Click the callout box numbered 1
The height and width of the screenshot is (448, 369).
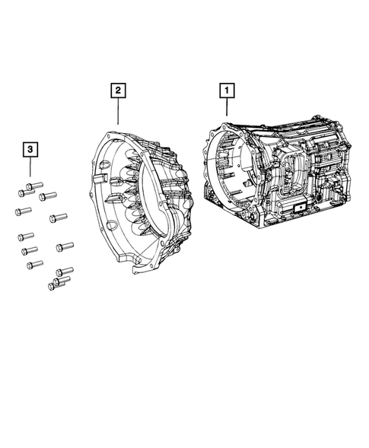pyautogui.click(x=227, y=91)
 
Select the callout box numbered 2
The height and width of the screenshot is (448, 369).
pyautogui.click(x=118, y=91)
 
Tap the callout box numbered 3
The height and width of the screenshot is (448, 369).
pyautogui.click(x=30, y=149)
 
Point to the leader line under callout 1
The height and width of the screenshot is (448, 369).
pyautogui.click(x=227, y=106)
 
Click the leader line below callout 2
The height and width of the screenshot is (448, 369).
pyautogui.click(x=118, y=111)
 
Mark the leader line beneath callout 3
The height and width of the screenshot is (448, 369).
pyautogui.click(x=30, y=167)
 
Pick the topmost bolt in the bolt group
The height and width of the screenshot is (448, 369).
pyautogui.click(x=34, y=186)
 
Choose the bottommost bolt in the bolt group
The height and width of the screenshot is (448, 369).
pyautogui.click(x=56, y=285)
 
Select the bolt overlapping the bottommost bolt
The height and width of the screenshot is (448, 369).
pyautogui.click(x=62, y=281)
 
